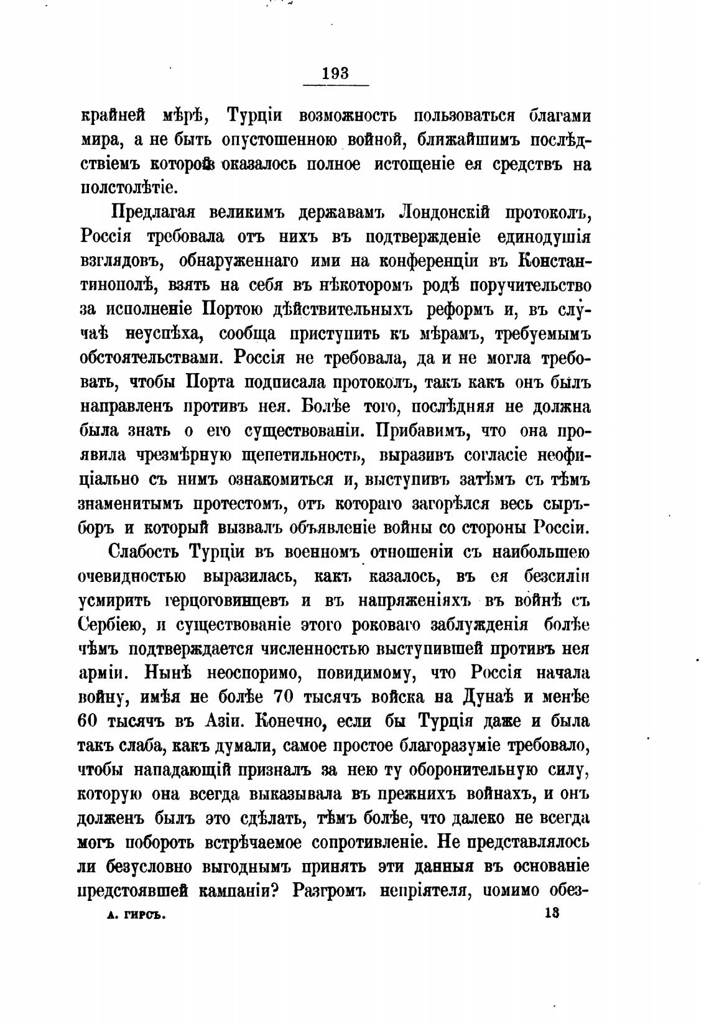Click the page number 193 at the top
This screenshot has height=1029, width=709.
click(336, 73)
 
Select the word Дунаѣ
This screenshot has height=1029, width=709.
click(489, 698)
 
